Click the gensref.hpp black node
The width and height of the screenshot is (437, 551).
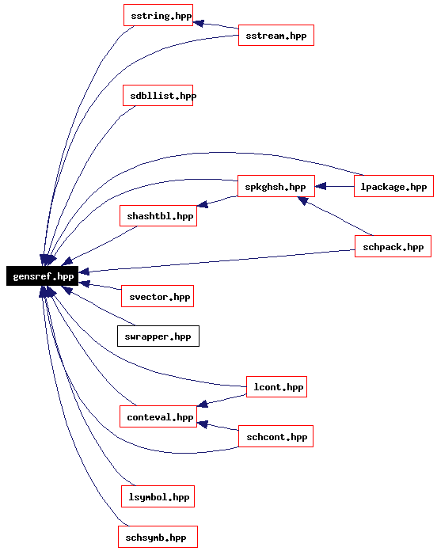click(42, 275)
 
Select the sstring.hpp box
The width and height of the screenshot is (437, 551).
click(158, 15)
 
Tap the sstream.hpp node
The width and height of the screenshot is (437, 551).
click(276, 35)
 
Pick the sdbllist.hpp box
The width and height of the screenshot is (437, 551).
click(158, 95)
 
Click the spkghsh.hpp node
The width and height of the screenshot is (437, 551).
click(276, 186)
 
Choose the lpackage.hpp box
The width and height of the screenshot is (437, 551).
click(393, 186)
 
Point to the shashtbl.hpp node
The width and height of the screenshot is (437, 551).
click(158, 216)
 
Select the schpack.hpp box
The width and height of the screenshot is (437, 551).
click(393, 246)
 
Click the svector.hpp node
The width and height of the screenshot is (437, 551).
click(158, 296)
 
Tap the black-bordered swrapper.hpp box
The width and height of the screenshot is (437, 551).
click(158, 336)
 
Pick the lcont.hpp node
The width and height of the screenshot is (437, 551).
click(276, 386)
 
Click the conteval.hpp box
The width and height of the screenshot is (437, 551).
click(158, 416)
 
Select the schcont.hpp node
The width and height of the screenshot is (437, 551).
click(275, 436)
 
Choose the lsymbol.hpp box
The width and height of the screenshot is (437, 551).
click(158, 496)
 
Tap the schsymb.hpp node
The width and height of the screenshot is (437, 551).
click(158, 537)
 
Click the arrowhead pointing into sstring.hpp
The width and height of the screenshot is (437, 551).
click(199, 23)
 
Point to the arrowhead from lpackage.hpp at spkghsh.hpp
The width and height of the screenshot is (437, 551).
click(321, 186)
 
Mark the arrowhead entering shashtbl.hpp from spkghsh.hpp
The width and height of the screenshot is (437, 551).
click(203, 203)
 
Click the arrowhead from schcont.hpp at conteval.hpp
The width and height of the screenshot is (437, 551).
click(203, 424)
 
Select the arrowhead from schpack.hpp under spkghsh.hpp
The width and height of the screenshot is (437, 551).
click(302, 200)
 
